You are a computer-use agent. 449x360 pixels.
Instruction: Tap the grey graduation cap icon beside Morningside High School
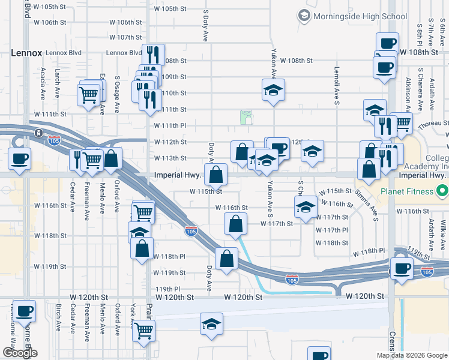pos(306,15)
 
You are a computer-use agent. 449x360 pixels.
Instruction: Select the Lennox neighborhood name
pos(26,53)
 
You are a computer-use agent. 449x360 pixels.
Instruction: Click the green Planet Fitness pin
pos(442,191)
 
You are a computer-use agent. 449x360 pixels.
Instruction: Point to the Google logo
pos(20,352)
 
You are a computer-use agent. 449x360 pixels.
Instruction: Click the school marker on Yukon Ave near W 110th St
pos(274,91)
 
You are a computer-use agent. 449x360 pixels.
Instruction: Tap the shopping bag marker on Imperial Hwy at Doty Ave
pos(215,175)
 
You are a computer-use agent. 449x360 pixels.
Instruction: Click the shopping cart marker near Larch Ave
pos(88,94)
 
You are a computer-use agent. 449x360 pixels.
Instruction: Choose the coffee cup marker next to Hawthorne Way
pos(24,311)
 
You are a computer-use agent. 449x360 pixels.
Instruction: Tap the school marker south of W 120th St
pos(211,324)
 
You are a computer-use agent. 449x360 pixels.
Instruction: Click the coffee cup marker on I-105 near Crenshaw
pos(402,268)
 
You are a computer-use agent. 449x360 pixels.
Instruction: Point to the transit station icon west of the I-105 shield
pos(38,133)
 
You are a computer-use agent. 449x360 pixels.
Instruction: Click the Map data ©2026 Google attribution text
pos(411,355)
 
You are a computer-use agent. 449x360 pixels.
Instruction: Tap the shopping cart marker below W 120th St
pos(144,330)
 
